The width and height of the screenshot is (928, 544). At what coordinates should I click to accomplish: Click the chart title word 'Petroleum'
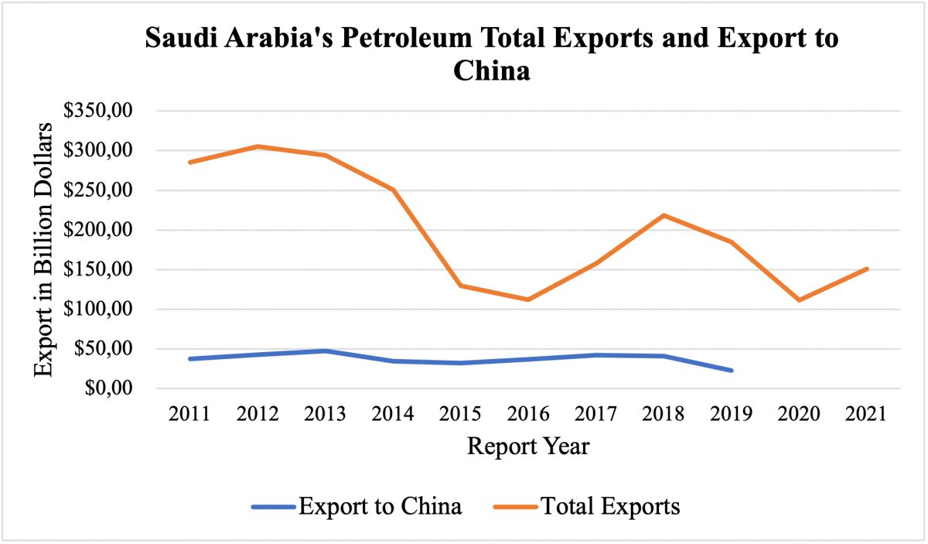tap(409, 39)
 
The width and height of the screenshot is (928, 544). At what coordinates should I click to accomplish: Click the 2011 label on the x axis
tap(190, 413)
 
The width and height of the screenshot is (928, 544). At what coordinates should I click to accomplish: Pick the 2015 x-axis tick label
tap(461, 413)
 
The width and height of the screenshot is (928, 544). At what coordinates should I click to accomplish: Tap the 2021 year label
tap(867, 413)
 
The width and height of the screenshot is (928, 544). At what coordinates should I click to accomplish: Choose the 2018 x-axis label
tap(664, 413)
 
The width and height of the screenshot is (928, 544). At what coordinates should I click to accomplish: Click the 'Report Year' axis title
tap(528, 446)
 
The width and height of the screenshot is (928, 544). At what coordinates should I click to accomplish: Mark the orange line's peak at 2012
tap(258, 146)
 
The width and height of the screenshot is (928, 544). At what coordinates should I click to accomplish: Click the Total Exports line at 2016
tap(528, 299)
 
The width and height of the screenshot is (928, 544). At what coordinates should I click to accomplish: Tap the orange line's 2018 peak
tap(664, 215)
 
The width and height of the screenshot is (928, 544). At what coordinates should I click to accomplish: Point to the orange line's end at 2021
tap(867, 269)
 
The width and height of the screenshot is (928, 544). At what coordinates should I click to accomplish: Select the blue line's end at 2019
tap(731, 371)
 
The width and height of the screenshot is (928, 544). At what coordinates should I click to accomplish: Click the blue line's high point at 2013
tap(326, 351)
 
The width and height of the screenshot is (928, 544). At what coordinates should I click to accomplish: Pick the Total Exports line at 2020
tap(799, 299)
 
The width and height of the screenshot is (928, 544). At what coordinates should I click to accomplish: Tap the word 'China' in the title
tap(492, 71)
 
